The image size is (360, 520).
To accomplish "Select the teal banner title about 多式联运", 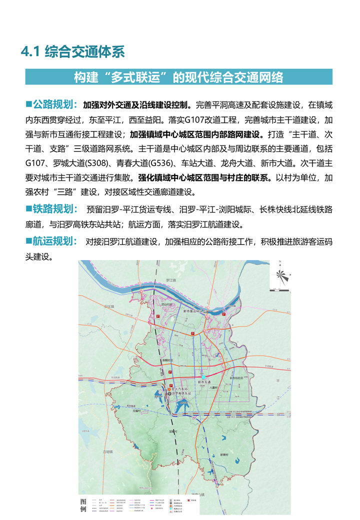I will (178, 77).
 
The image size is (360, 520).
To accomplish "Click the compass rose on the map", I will (281, 276).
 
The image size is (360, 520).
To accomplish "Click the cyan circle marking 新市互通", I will (203, 376).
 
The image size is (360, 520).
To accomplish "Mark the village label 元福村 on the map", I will (138, 411).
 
